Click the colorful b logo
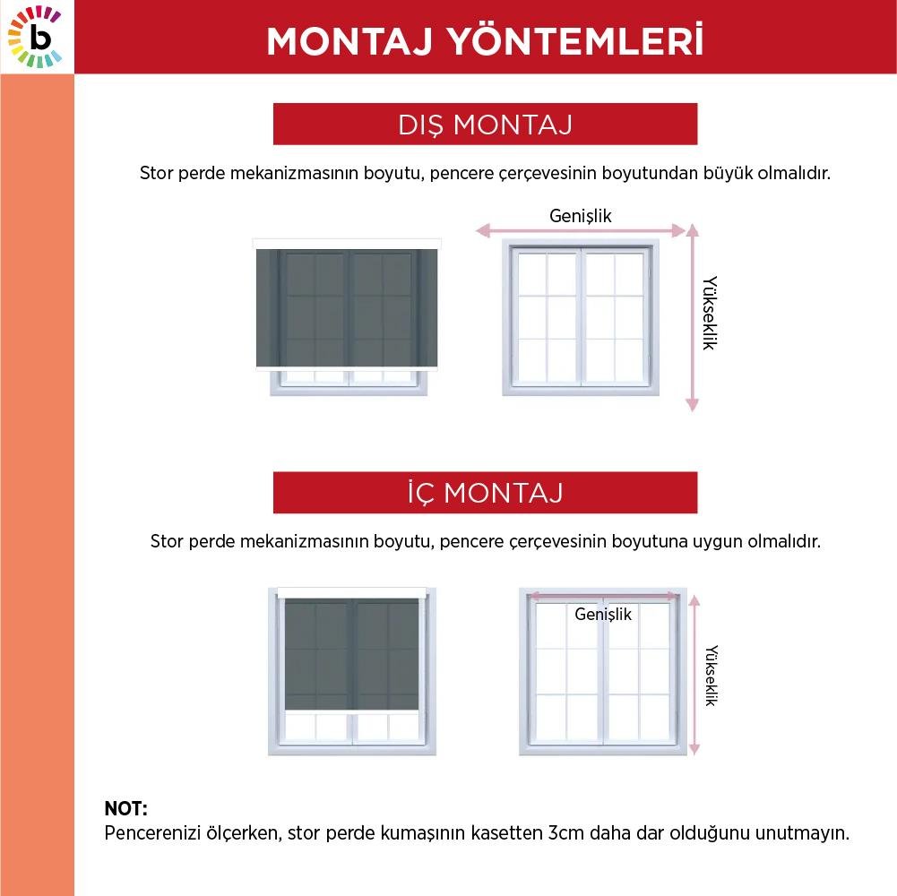click(x=36, y=37)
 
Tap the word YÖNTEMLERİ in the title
click(x=591, y=41)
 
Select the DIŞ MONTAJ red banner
click(x=485, y=125)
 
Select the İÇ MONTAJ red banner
click(x=485, y=493)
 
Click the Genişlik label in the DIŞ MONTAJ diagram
click(x=581, y=215)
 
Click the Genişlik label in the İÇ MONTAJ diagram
click(x=603, y=614)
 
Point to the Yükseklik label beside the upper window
click(x=709, y=312)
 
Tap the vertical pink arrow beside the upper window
click(x=692, y=318)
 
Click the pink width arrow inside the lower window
click(x=603, y=595)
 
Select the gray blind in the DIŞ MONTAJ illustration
click(x=346, y=307)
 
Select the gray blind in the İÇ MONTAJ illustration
click(x=352, y=652)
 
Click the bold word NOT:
click(x=125, y=809)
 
